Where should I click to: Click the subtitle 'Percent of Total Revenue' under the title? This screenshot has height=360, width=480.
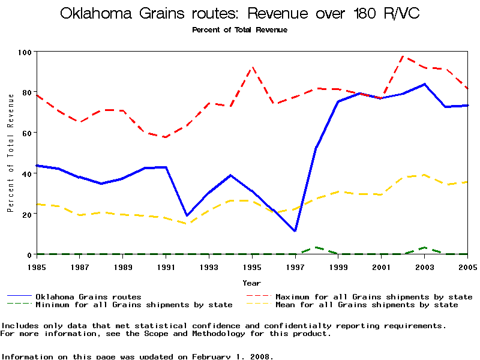pos(239,29)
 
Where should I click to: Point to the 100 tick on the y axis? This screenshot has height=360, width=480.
pos(25,52)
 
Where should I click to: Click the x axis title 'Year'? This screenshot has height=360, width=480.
pos(251,283)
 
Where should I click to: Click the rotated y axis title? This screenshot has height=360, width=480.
pos(10,153)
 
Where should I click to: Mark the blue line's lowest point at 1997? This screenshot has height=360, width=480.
pos(295,231)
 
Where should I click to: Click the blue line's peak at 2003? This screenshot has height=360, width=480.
pos(424,84)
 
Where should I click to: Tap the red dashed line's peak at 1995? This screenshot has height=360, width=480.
pos(253,67)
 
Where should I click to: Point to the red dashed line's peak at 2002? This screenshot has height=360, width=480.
pos(403,56)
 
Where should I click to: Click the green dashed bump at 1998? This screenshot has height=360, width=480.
pos(316,247)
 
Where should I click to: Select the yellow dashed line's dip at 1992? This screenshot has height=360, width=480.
pos(188,224)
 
